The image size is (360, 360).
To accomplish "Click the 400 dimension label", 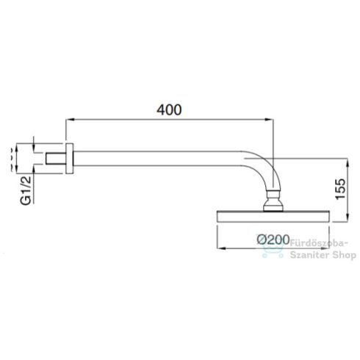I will click(x=169, y=109).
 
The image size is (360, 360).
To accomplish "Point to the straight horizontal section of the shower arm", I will click(x=162, y=156).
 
